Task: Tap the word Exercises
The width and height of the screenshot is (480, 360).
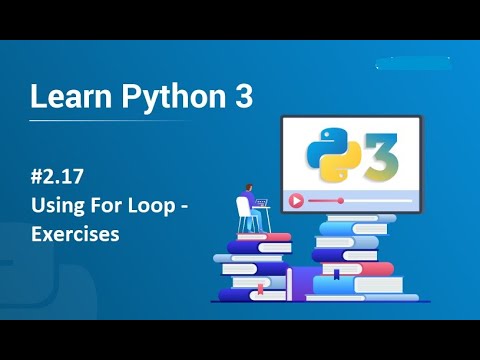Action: click(x=75, y=235)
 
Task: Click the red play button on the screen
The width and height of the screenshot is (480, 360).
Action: click(x=296, y=200)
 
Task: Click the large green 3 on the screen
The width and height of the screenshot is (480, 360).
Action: click(x=380, y=155)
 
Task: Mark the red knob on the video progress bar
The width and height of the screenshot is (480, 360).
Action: click(x=341, y=200)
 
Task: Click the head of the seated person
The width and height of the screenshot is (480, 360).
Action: click(x=246, y=188)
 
